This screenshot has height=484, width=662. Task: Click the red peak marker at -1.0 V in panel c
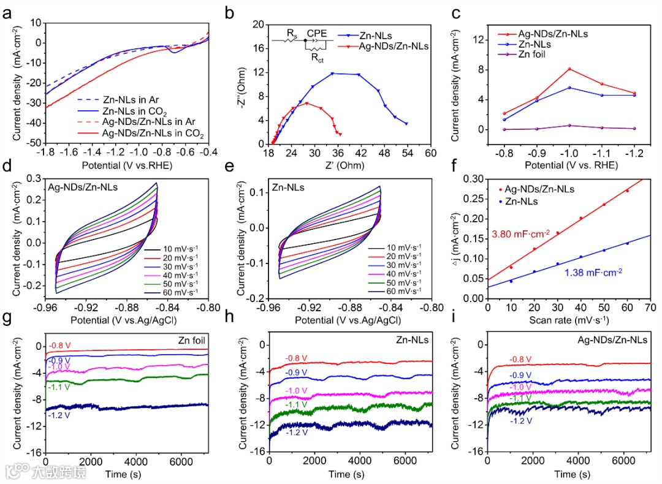click(569, 69)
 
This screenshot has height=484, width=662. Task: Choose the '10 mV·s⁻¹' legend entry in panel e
click(403, 248)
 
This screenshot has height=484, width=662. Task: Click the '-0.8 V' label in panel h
click(296, 358)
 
